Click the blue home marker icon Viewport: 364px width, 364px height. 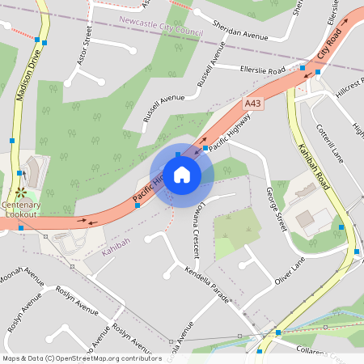[182, 174]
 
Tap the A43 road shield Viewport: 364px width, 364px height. [253, 104]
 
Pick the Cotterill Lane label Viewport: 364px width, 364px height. [331, 143]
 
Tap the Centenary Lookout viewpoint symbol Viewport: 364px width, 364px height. [19, 193]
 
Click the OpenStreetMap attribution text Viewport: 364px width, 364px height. [81, 358]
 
